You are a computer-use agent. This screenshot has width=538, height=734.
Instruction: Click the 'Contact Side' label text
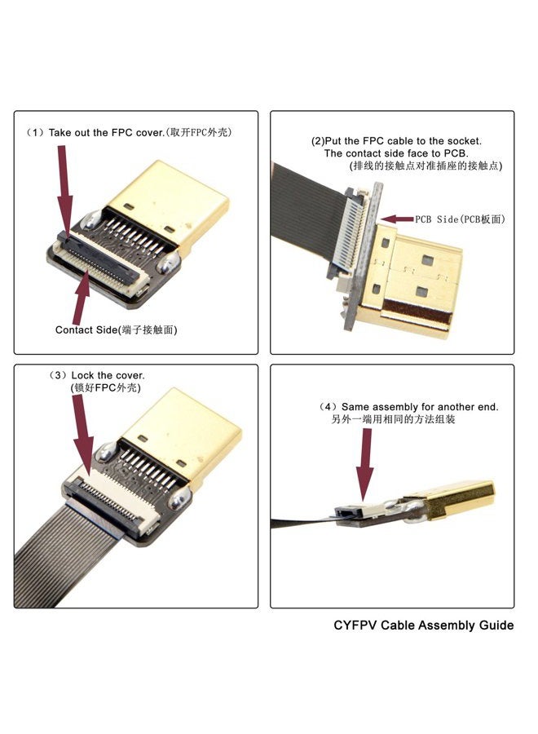point(116,329)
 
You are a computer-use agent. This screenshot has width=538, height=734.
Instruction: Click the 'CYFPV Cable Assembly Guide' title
point(424,626)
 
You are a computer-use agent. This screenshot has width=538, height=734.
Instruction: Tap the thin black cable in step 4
point(298,522)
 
